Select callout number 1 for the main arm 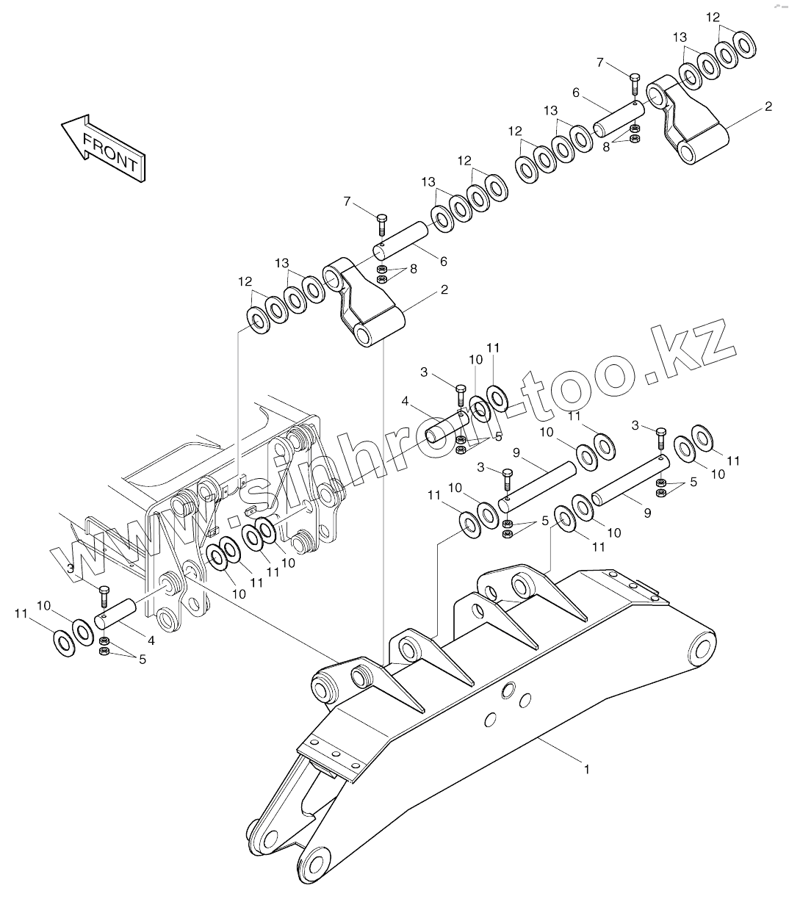pyautogui.click(x=586, y=769)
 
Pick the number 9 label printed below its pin pyautogui.click(x=647, y=513)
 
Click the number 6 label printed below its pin pyautogui.click(x=443, y=261)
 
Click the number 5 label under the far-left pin pyautogui.click(x=142, y=660)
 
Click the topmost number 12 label pyautogui.click(x=713, y=16)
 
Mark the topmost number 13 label pyautogui.click(x=680, y=37)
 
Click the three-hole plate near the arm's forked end pyautogui.click(x=335, y=754)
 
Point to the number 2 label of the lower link pyautogui.click(x=444, y=289)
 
